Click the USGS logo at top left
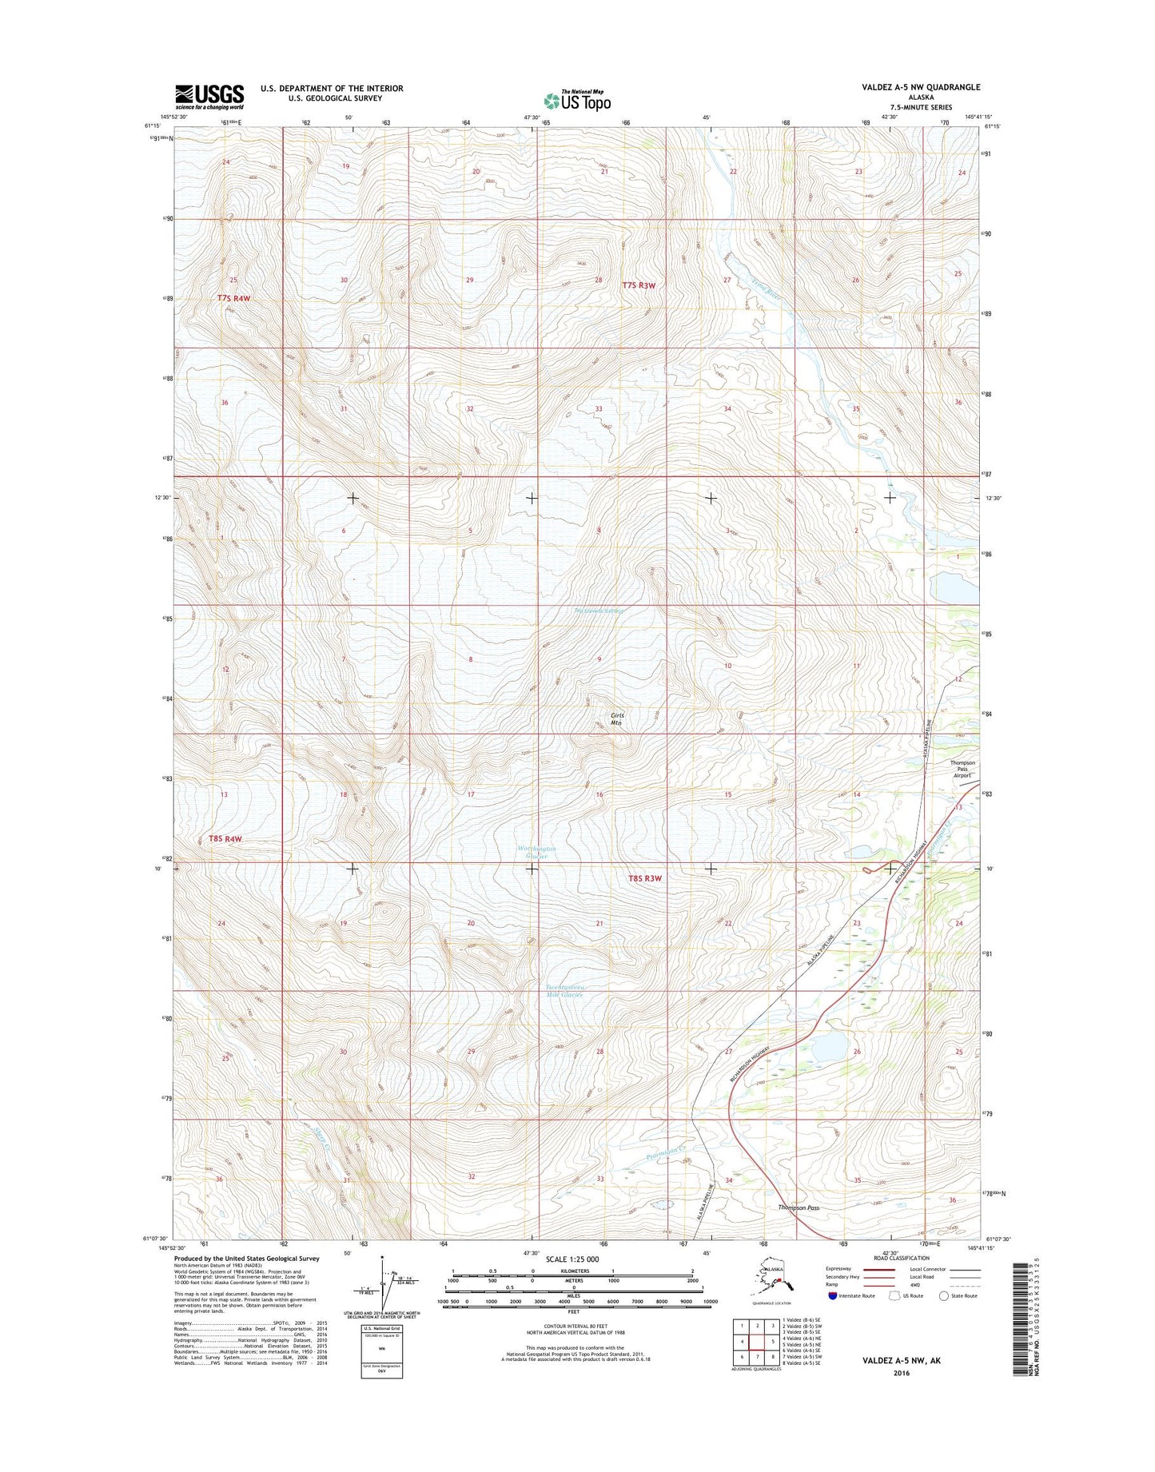pyautogui.click(x=209, y=97)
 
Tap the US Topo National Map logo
pyautogui.click(x=577, y=101)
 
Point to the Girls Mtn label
pyautogui.click(x=616, y=718)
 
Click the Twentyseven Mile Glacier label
pyautogui.click(x=564, y=990)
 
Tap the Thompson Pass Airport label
pyautogui.click(x=962, y=769)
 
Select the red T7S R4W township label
pyautogui.click(x=233, y=298)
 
